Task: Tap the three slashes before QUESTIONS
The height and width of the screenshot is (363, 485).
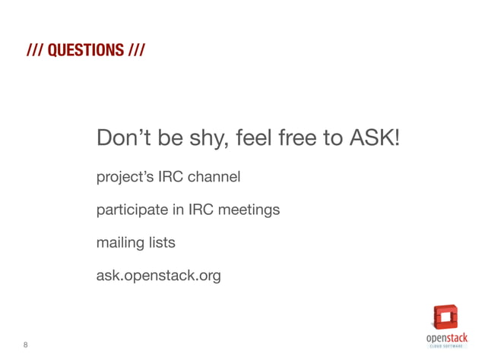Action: (33, 51)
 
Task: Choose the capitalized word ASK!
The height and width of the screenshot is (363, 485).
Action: (374, 139)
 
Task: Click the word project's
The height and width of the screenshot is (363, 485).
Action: (125, 178)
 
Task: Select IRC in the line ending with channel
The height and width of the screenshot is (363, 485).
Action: (171, 178)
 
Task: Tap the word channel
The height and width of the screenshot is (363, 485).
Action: (214, 178)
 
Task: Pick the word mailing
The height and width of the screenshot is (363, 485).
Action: (119, 244)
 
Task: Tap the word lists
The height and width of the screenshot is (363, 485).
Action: (161, 243)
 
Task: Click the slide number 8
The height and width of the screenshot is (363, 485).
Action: (26, 345)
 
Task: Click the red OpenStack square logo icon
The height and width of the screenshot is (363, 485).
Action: (445, 317)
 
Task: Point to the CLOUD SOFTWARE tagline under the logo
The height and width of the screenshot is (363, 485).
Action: (446, 346)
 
